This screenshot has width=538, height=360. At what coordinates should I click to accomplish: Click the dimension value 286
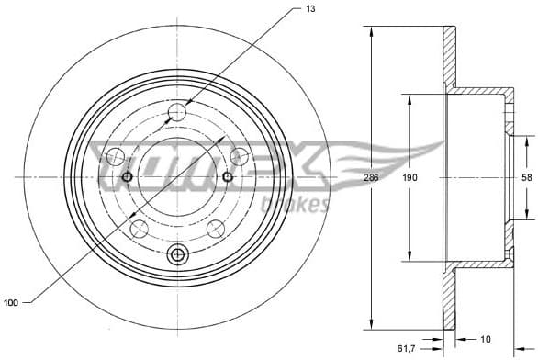371,177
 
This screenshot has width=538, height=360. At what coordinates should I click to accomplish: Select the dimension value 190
408,177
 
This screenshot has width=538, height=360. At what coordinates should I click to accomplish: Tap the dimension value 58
526,177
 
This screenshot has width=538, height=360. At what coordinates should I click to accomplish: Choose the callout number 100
11,300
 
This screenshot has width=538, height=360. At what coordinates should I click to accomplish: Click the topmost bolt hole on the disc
178,112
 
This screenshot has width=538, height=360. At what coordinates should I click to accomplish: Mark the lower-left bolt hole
140,228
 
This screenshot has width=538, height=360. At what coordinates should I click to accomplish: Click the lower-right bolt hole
216,228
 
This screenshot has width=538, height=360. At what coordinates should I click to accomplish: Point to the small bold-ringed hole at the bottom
178,253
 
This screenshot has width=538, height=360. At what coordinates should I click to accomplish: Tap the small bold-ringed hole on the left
128,176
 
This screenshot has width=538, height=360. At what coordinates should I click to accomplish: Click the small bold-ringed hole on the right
229,176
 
